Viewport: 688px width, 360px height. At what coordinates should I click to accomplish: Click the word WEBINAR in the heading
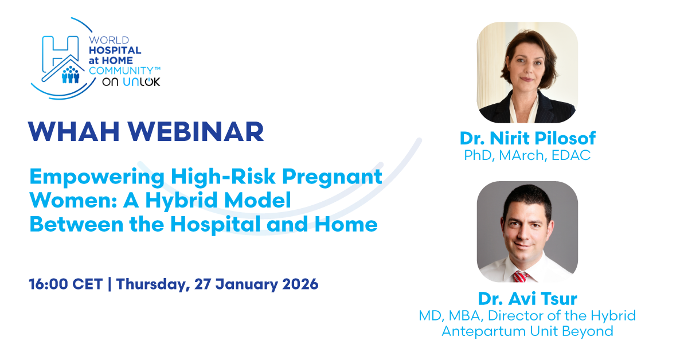click(x=196, y=131)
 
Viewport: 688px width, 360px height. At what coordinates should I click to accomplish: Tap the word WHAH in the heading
click(x=74, y=131)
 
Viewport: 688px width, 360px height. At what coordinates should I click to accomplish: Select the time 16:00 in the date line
click(x=48, y=284)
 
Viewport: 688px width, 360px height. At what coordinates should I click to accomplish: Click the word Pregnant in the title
click(x=332, y=177)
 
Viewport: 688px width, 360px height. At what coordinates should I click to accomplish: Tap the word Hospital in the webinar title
click(x=216, y=225)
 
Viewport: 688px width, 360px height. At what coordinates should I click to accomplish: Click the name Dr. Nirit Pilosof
click(x=527, y=138)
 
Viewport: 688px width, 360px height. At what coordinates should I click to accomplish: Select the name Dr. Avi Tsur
click(x=527, y=299)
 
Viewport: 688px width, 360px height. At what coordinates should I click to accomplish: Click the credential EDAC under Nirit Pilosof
click(x=571, y=155)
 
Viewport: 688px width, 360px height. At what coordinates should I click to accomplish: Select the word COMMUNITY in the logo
click(x=121, y=71)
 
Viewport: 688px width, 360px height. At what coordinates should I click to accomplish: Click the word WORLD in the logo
click(x=109, y=40)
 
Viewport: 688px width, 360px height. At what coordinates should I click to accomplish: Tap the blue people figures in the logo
click(x=71, y=75)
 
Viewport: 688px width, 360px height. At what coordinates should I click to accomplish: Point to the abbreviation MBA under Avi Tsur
click(x=464, y=316)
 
